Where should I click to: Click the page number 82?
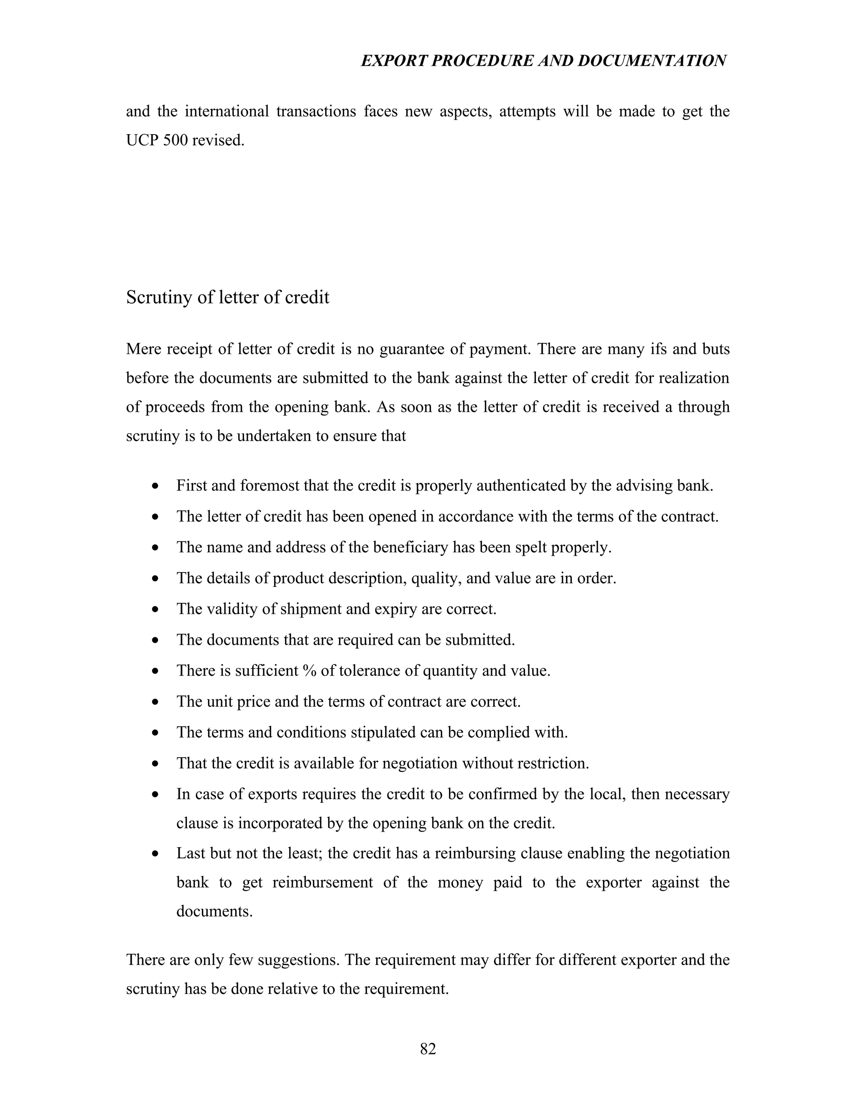[428, 1049]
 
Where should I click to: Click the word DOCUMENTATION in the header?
[652, 61]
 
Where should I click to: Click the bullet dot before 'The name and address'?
[155, 548]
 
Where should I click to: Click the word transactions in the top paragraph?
[316, 111]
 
